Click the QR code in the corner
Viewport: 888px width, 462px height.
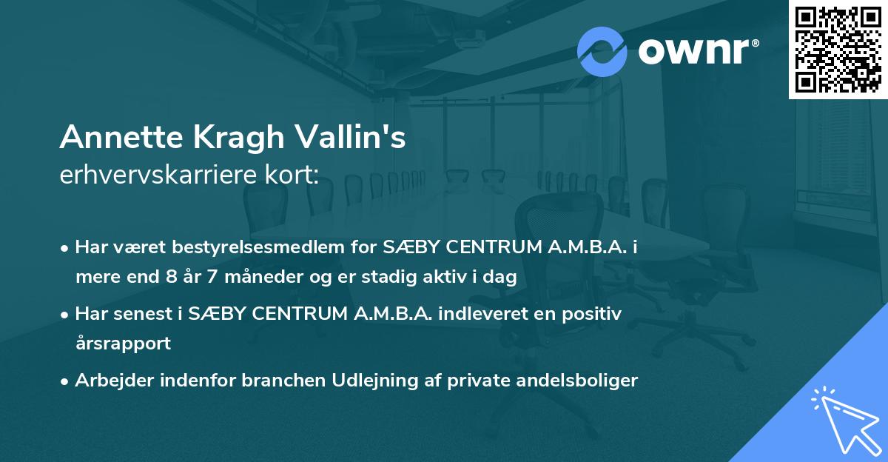click(837, 50)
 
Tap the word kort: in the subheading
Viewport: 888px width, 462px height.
click(293, 175)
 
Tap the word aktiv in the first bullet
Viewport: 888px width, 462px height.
click(454, 278)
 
